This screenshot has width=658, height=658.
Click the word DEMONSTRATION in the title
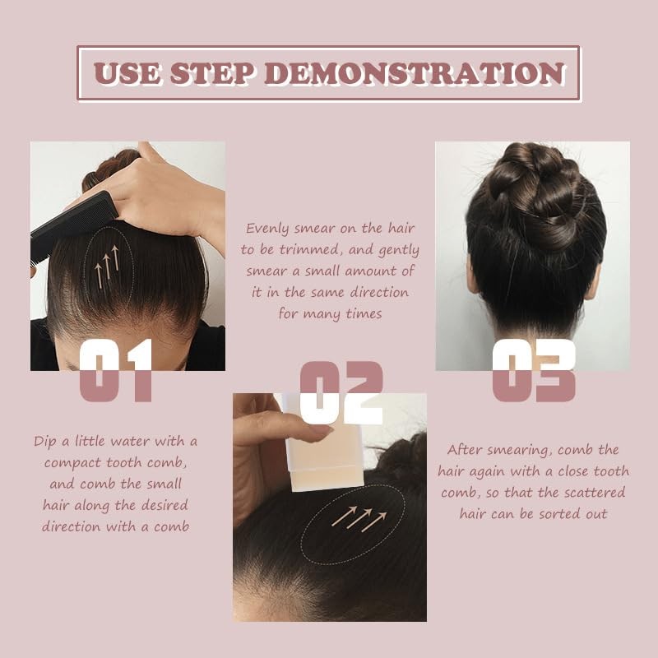pyautogui.click(x=415, y=73)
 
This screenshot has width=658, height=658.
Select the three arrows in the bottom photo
pyautogui.click(x=359, y=517)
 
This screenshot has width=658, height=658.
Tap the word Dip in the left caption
pyautogui.click(x=46, y=441)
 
